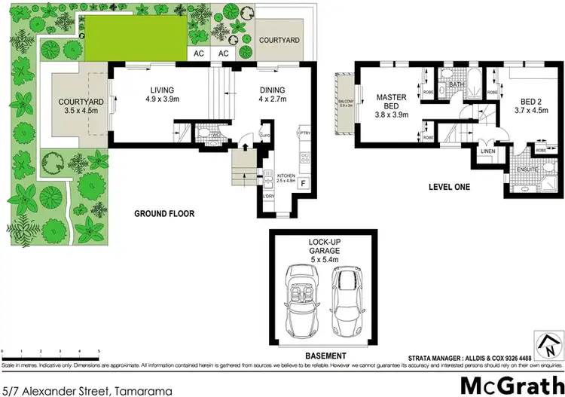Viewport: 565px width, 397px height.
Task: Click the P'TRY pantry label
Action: (305, 133)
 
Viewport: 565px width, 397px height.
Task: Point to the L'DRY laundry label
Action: (267, 197)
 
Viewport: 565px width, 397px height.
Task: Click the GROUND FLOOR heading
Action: (164, 214)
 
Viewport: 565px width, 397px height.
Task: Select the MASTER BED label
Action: (391, 101)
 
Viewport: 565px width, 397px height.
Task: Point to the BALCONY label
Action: (346, 102)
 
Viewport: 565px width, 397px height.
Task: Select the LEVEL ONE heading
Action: (450, 186)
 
